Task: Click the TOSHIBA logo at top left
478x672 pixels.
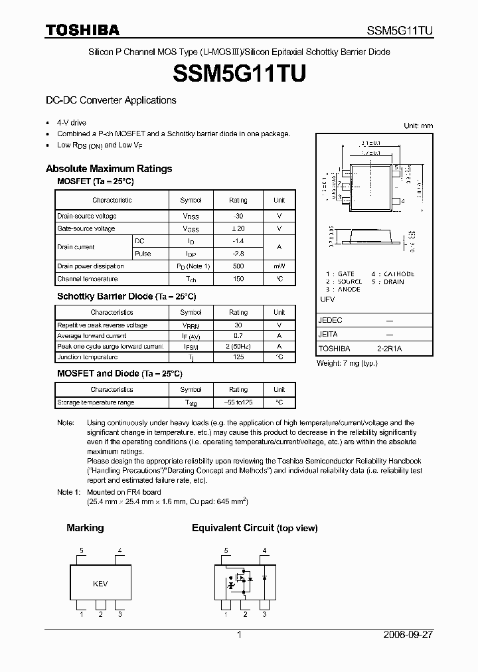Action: [x=82, y=30]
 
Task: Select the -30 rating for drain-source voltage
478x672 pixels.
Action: [x=238, y=216]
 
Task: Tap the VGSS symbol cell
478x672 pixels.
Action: [x=191, y=228]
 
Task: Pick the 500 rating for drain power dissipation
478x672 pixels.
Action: [x=238, y=266]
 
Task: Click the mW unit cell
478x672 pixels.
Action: [x=279, y=266]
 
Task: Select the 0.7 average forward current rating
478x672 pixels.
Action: [x=238, y=336]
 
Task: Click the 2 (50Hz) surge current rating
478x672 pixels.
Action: [x=238, y=347]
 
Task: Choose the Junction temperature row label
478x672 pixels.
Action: [x=88, y=357]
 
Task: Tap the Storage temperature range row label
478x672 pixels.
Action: [x=96, y=402]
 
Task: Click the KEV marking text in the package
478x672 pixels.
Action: [x=100, y=584]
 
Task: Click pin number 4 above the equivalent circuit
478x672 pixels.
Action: [x=264, y=550]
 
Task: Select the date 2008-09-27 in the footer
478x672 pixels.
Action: [x=408, y=635]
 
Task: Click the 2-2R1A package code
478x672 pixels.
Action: [x=389, y=348]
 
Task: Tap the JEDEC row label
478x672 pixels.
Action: [x=330, y=320]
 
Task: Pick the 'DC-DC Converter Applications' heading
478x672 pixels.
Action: [x=111, y=100]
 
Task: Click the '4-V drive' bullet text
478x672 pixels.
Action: [x=72, y=123]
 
